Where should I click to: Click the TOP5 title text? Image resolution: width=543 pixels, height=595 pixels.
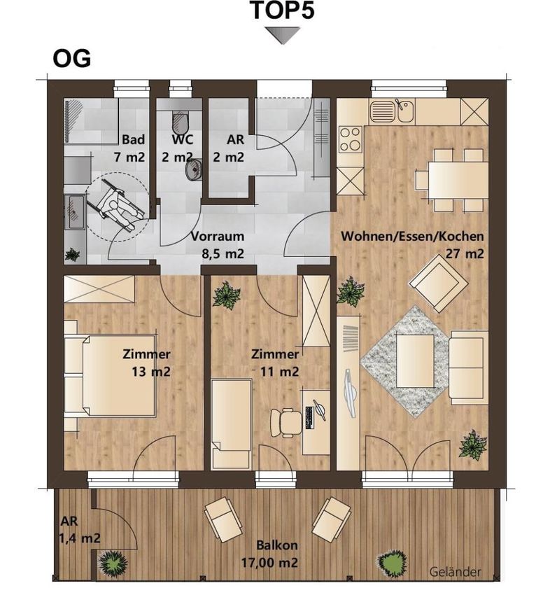click(x=283, y=10)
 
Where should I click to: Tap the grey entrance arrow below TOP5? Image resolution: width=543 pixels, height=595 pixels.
click(x=282, y=35)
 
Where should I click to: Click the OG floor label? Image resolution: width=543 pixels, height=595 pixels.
click(x=71, y=59)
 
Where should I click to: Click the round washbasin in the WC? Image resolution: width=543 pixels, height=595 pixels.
click(x=194, y=169)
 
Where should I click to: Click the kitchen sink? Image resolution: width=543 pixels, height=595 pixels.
click(x=392, y=111)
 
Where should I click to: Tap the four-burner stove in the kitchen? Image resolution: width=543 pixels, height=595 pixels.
click(x=350, y=139)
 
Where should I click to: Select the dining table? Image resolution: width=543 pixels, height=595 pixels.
click(x=458, y=180)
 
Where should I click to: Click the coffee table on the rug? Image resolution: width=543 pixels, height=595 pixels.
click(x=415, y=360)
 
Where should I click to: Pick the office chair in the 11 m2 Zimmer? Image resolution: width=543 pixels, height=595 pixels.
click(x=286, y=423)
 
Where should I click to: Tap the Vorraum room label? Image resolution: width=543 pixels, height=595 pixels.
click(x=218, y=236)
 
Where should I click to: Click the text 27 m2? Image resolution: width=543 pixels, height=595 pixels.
click(x=465, y=253)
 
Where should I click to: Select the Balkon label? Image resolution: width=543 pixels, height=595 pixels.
click(x=277, y=545)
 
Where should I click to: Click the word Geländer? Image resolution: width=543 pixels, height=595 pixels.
click(x=455, y=571)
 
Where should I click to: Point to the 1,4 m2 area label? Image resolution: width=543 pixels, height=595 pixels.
click(x=79, y=538)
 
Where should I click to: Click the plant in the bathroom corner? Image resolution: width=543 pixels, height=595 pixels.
click(x=71, y=255)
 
